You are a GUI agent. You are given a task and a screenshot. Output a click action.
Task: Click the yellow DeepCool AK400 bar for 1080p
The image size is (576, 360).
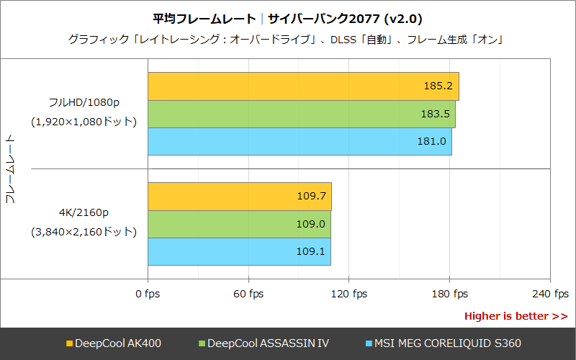click(303, 86)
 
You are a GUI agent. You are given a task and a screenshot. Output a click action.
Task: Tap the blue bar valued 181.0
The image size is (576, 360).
click(300, 141)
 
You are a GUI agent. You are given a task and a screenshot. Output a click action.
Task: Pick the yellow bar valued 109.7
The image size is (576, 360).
click(239, 196)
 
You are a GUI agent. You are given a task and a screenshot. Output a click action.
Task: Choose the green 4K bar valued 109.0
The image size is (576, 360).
click(239, 224)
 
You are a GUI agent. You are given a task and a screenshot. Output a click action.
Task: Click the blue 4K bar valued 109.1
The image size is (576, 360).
click(239, 251)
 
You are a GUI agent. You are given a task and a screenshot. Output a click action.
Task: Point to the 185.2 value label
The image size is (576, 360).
click(438, 86)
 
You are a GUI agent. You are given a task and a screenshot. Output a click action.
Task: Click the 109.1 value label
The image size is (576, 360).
click(311, 251)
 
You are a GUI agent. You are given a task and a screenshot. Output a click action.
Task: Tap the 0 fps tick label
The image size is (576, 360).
click(148, 294)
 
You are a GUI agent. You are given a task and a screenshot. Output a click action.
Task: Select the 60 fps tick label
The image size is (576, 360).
click(248, 294)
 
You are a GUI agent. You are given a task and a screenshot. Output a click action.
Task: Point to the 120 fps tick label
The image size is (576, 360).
click(348, 294)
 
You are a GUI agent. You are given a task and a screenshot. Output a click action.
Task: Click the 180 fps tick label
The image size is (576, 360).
click(449, 294)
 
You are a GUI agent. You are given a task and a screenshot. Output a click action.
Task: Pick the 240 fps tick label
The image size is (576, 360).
click(550, 294)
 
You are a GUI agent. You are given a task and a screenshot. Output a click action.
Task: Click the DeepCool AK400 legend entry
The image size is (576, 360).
click(113, 343)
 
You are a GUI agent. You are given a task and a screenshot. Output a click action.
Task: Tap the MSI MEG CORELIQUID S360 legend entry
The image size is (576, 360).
click(444, 343)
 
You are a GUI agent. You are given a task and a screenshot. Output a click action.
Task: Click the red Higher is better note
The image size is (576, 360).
click(516, 316)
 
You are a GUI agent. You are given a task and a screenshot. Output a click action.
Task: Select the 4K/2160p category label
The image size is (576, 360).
click(84, 213)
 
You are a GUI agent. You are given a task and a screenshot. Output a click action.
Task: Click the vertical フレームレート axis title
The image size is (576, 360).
click(10, 168)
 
